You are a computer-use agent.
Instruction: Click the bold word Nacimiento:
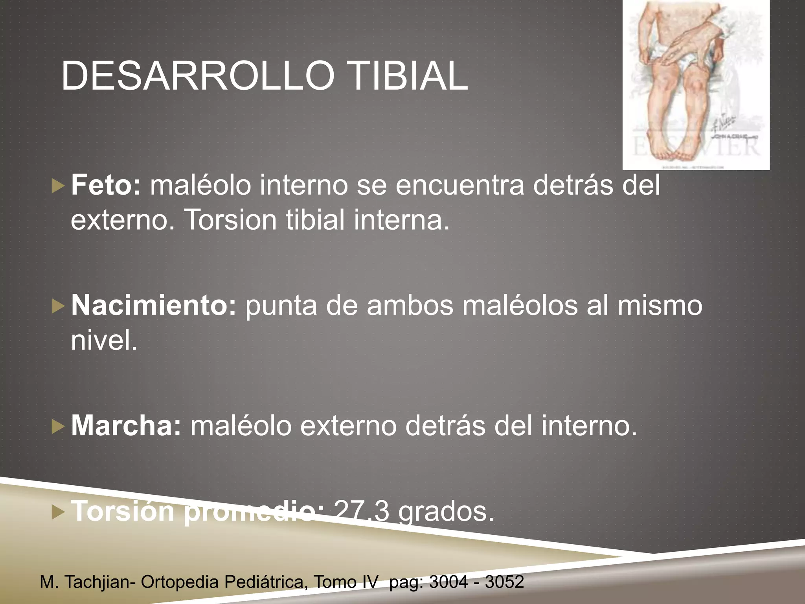[x=154, y=305]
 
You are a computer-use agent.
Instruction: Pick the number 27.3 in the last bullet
[x=362, y=511]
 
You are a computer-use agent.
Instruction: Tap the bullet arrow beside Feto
[x=57, y=186]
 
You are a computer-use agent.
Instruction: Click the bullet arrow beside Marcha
[x=57, y=427]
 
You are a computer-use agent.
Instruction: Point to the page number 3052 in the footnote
[x=504, y=582]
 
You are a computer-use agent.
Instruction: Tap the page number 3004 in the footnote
[x=448, y=582]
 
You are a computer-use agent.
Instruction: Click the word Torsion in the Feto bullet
[x=230, y=219]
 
